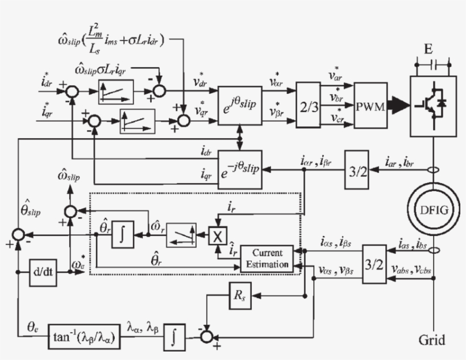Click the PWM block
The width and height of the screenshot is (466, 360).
371,106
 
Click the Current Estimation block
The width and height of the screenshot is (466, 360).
267,258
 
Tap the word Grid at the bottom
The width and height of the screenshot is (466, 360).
432,341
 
